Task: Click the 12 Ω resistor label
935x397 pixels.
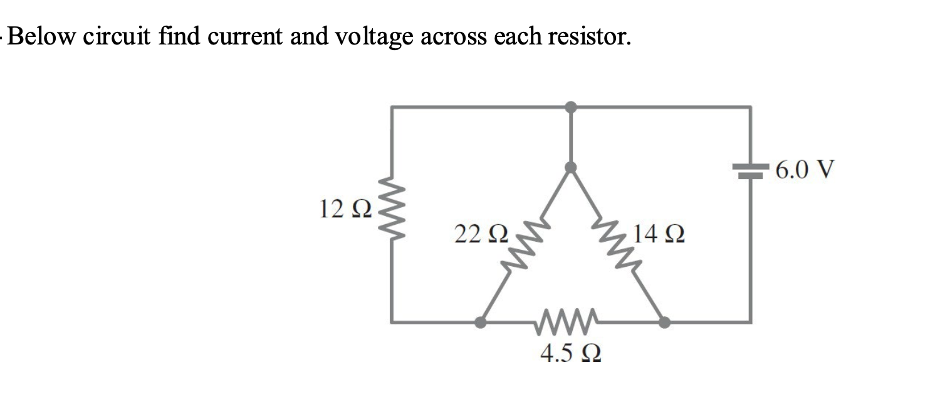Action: point(345,208)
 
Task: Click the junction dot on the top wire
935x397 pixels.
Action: point(570,107)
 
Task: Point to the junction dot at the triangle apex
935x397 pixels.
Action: point(570,167)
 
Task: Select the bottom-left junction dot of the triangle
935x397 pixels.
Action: point(480,322)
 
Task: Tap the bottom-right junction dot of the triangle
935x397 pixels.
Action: point(664,322)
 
